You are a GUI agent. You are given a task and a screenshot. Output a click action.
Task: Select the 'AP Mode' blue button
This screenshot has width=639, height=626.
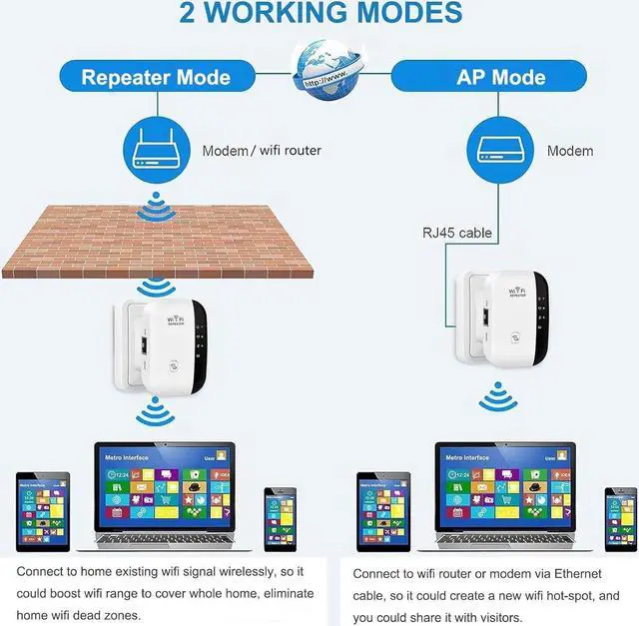point(501,77)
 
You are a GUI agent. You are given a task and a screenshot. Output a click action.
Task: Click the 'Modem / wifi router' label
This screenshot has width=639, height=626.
point(262,151)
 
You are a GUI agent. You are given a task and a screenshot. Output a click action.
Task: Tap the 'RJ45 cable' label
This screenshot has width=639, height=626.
point(457,234)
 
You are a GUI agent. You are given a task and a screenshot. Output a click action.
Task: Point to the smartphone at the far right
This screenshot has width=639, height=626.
point(619,517)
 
